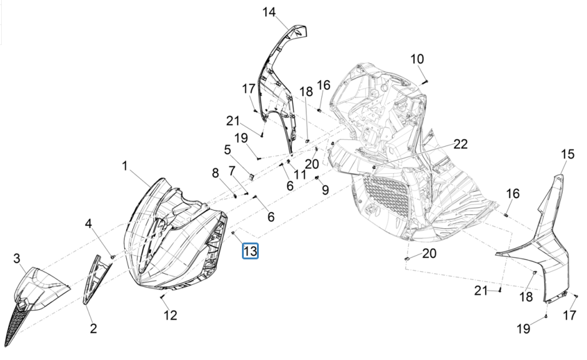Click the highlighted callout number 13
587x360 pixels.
pyautogui.click(x=250, y=252)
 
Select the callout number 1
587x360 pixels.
pyautogui.click(x=124, y=166)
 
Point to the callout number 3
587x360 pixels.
pyautogui.click(x=89, y=223)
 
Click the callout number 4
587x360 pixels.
pyautogui.click(x=228, y=149)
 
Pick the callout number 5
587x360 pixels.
pyautogui.click(x=232, y=170)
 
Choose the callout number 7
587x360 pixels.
pyautogui.click(x=215, y=172)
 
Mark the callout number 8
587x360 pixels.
pyautogui.click(x=325, y=189)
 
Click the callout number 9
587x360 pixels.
pyautogui.click(x=417, y=59)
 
